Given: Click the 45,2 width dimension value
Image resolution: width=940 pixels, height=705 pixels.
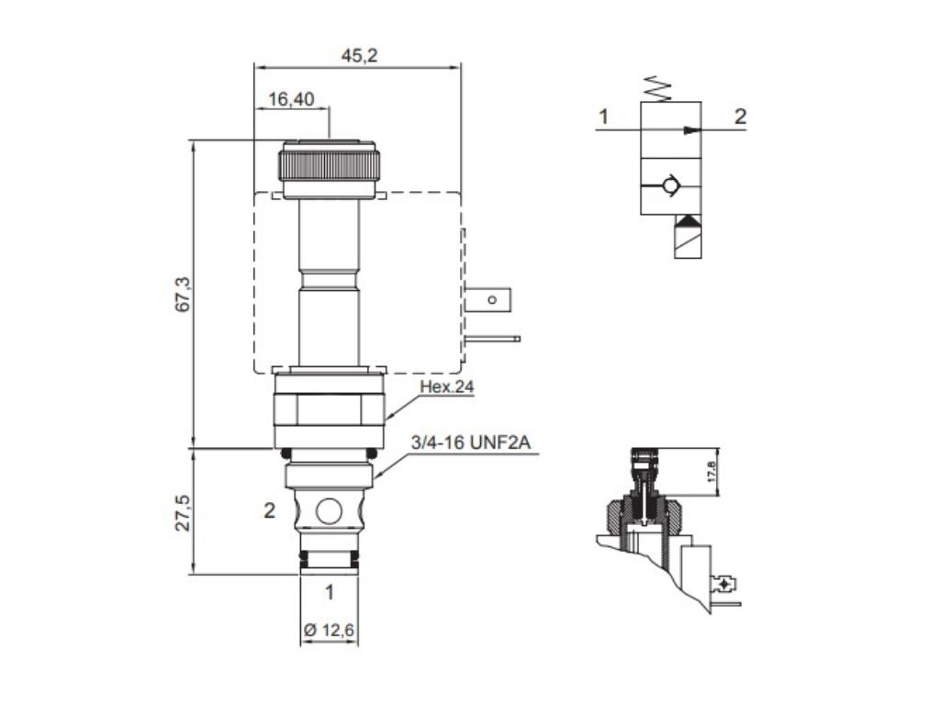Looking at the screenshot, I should tap(359, 56).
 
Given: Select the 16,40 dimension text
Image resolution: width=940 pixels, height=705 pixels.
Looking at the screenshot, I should tap(291, 99).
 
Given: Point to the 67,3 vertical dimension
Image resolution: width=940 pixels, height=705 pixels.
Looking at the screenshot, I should tap(182, 294).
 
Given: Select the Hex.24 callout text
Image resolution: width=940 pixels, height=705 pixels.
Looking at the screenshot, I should tap(446, 387).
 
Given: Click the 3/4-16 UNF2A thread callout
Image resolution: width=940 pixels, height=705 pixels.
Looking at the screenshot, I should tap(470, 444).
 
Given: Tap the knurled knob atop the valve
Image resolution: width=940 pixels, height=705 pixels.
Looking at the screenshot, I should tap(330, 165).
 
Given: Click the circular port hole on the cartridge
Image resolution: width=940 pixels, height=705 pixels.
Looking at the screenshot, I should tap(329, 510).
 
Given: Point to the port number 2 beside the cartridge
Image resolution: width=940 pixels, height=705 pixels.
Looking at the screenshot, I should tap(269, 511).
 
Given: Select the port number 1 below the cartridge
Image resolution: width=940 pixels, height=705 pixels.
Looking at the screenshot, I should tap(329, 593).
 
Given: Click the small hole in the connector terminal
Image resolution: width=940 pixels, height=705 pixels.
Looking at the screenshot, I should tap(492, 299).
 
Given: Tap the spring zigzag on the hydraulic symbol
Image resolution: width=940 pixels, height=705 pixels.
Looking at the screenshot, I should tap(658, 89).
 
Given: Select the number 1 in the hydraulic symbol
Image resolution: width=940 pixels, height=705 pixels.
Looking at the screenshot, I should tap(603, 117).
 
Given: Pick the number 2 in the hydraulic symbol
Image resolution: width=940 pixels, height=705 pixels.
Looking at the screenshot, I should tap(740, 117).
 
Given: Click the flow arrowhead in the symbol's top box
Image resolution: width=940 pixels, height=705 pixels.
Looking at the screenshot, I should tap(689, 130).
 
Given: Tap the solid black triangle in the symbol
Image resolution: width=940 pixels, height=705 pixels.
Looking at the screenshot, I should tap(686, 221).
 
